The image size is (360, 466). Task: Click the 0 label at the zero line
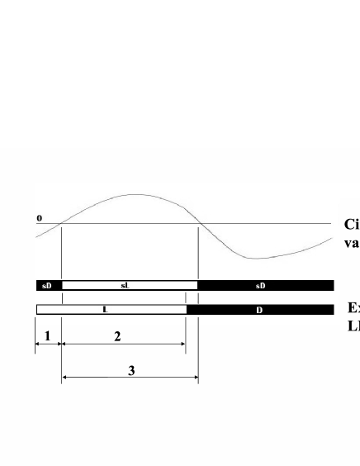click(x=39, y=218)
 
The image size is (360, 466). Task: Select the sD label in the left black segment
click(x=46, y=286)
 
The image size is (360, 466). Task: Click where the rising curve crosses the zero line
click(x=64, y=223)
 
